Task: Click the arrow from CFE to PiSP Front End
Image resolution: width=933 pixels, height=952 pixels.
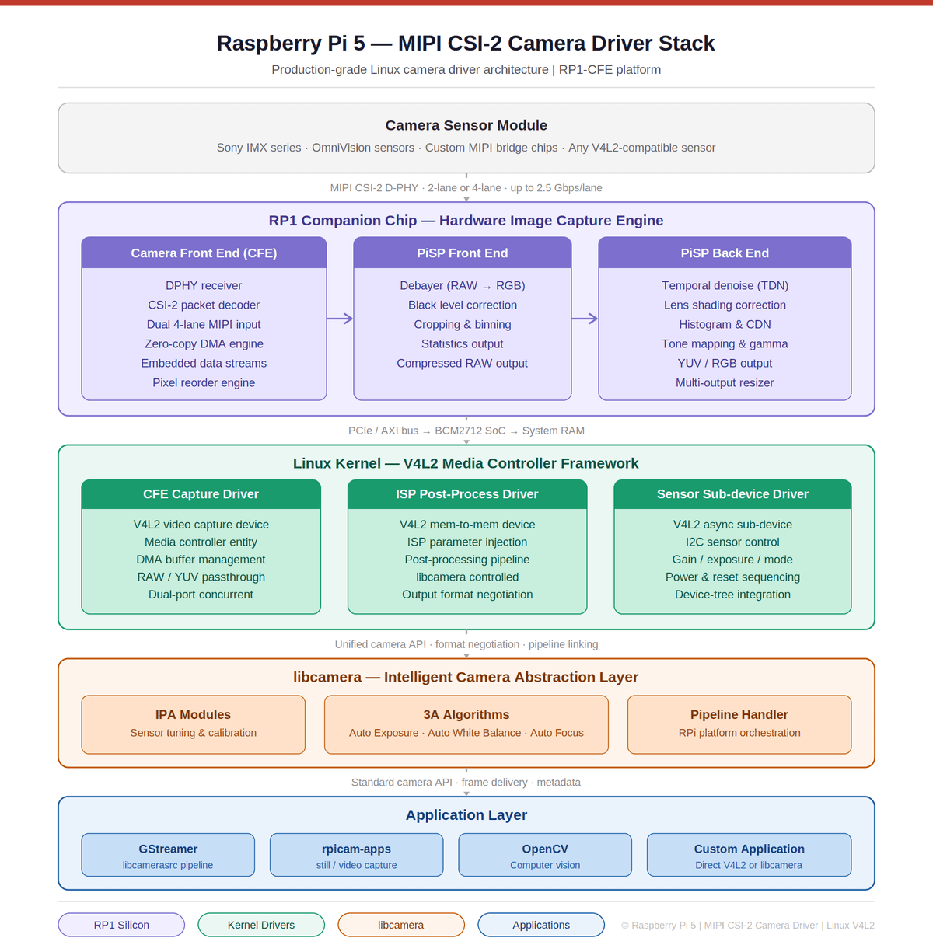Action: point(340,319)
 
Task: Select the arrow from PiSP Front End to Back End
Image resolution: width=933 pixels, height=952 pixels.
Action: point(585,319)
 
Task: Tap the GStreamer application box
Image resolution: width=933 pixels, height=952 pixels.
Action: point(168,855)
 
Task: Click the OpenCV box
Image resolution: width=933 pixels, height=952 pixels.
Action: point(545,855)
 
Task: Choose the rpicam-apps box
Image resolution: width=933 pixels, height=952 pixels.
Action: point(356,855)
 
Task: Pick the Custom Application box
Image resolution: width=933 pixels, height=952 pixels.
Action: point(749,855)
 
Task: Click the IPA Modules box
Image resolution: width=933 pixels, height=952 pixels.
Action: point(193,724)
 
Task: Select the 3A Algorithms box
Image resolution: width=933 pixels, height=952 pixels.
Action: point(466,724)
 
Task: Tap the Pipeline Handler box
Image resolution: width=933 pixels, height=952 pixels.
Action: point(739,724)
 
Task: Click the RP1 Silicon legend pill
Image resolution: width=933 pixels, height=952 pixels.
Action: point(121,925)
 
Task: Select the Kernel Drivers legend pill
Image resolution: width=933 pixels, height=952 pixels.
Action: point(261,925)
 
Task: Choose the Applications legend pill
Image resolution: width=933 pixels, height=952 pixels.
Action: point(541,925)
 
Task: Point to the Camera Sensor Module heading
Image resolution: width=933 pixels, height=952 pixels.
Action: point(466,125)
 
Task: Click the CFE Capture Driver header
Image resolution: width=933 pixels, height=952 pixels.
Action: point(201,494)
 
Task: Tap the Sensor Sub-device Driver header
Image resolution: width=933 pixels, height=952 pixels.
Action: point(732,494)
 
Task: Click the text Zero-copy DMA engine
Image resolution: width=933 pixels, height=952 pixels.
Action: point(204,343)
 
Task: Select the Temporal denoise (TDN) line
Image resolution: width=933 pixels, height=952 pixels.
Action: point(725,285)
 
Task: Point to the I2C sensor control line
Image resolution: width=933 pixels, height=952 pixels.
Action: point(732,542)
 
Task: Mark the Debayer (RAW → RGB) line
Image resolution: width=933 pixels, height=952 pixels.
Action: point(463,285)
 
